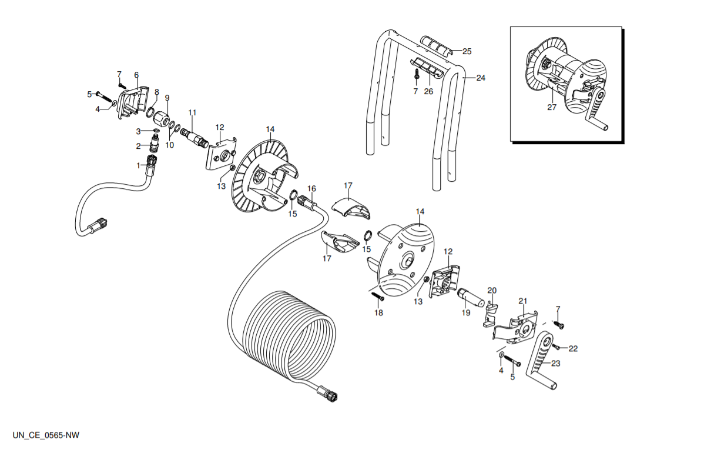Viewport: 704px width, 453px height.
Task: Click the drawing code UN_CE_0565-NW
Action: click(x=46, y=435)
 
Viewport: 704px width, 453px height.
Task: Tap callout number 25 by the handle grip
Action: click(x=467, y=51)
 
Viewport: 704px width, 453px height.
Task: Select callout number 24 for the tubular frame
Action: click(x=481, y=78)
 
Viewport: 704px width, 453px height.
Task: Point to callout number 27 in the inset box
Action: click(x=552, y=107)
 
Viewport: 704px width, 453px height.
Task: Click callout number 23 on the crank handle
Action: click(x=556, y=363)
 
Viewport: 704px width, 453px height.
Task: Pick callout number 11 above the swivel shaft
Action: click(x=192, y=112)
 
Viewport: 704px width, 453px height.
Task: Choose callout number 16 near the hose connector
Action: click(x=311, y=189)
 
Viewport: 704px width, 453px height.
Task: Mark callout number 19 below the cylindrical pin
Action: click(x=466, y=312)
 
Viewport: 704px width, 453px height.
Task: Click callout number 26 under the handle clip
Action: click(x=429, y=91)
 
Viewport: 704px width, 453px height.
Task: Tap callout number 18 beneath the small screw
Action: click(x=378, y=312)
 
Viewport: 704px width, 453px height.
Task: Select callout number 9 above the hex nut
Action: click(x=167, y=98)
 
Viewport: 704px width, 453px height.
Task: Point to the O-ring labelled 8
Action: click(x=151, y=111)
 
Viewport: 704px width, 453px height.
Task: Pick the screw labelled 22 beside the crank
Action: click(x=556, y=347)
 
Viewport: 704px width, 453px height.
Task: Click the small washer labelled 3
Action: click(x=156, y=131)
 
